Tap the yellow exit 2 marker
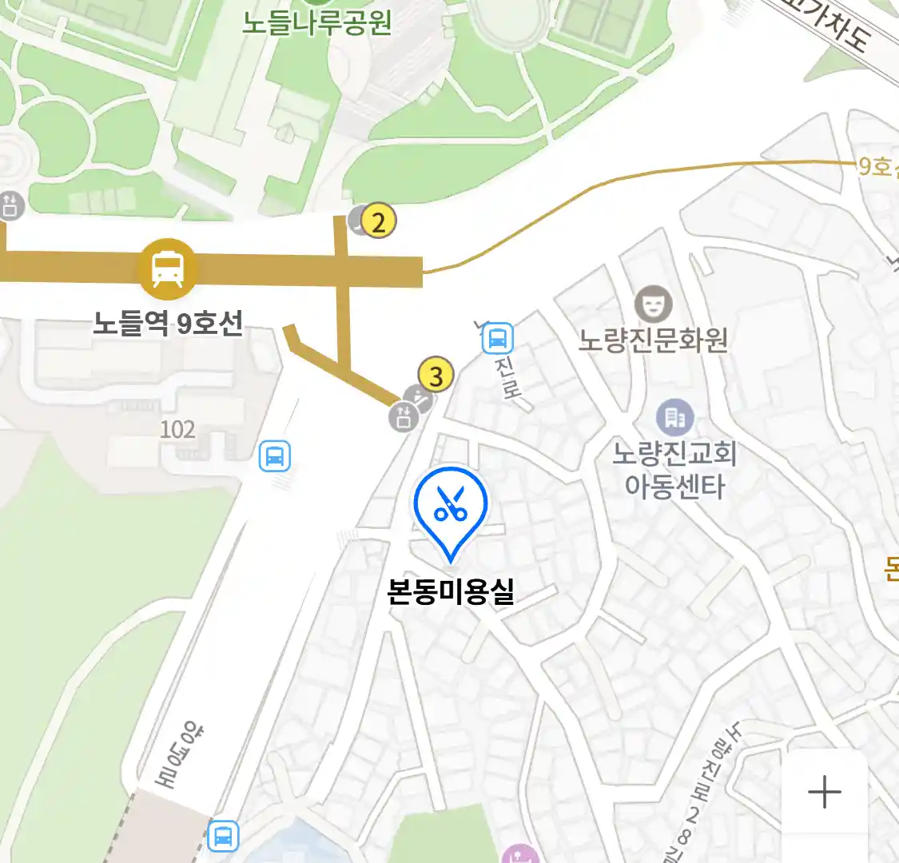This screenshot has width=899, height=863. point(379,221)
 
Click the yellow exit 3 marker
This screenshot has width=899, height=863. point(436,375)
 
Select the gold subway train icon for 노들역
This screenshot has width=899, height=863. point(167,268)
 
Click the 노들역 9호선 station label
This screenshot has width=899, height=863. point(168,324)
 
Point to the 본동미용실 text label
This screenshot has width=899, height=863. point(451,591)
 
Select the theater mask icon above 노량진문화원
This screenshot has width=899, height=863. point(653,304)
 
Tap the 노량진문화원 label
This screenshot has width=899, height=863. point(653,340)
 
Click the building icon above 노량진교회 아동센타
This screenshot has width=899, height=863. point(675,416)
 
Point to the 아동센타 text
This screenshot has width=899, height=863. point(674,486)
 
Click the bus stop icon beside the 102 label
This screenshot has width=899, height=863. point(275,456)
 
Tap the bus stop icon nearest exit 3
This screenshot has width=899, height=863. point(497,339)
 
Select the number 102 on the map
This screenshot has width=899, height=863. point(177,430)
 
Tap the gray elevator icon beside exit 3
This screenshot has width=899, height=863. point(404,416)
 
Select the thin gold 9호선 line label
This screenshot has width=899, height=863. point(877,166)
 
